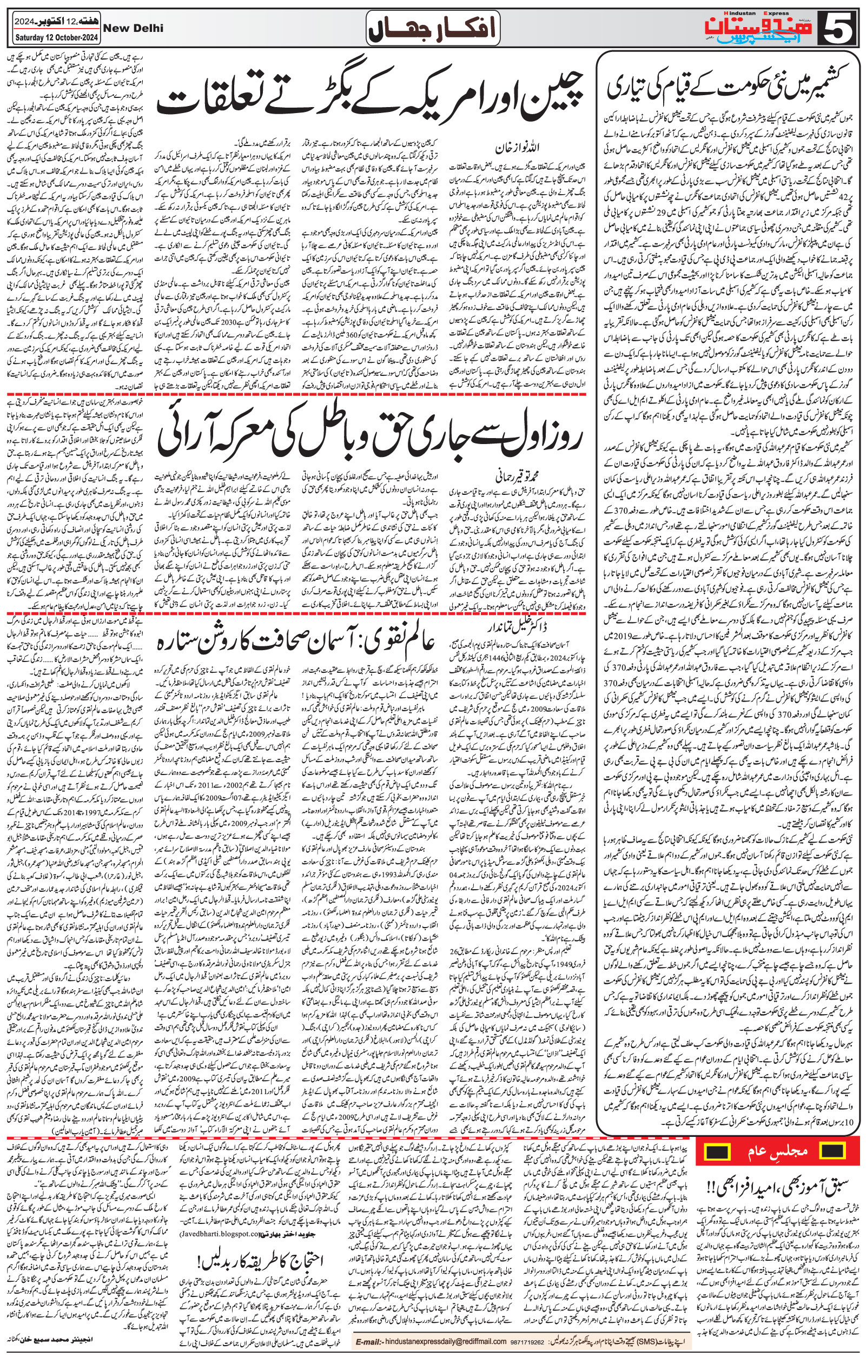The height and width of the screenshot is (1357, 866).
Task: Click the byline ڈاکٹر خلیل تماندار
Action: click(497, 627)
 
